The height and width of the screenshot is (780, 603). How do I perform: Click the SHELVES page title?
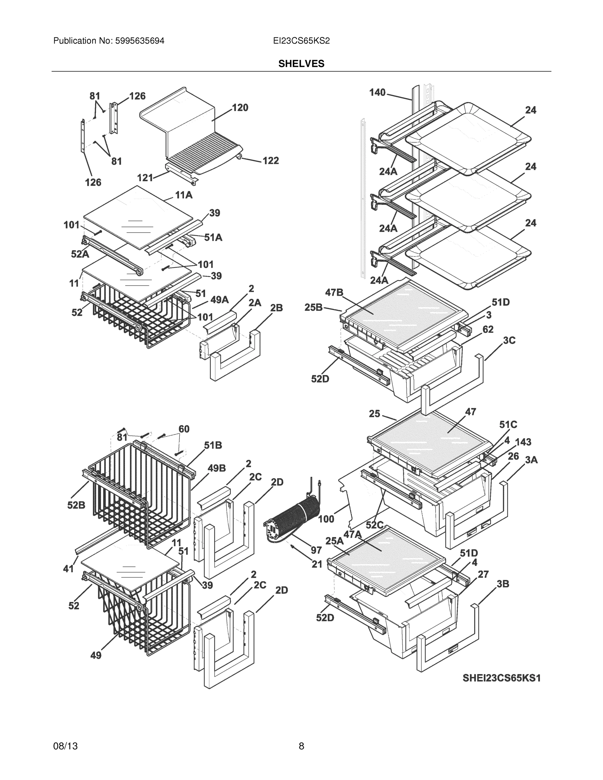(x=301, y=64)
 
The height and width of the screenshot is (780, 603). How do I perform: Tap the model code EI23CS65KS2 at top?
(x=301, y=41)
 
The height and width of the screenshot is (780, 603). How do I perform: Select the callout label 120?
(x=240, y=108)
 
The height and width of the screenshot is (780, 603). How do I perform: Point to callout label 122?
(x=270, y=161)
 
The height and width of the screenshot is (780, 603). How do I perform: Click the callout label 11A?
(x=184, y=195)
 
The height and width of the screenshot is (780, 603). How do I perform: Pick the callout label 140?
(x=377, y=93)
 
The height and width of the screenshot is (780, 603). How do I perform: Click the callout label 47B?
(x=334, y=292)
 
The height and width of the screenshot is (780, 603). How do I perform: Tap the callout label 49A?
(x=219, y=300)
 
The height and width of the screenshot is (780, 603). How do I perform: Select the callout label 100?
(x=326, y=519)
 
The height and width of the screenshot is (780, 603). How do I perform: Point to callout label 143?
(x=523, y=442)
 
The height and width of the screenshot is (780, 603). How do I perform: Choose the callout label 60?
(x=184, y=429)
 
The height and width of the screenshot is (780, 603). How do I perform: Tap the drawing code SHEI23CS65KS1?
(x=502, y=678)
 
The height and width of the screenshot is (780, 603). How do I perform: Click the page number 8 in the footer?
(x=301, y=746)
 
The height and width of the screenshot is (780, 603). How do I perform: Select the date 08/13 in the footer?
(x=65, y=746)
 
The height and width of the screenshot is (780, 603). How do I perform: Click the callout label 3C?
(x=509, y=340)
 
